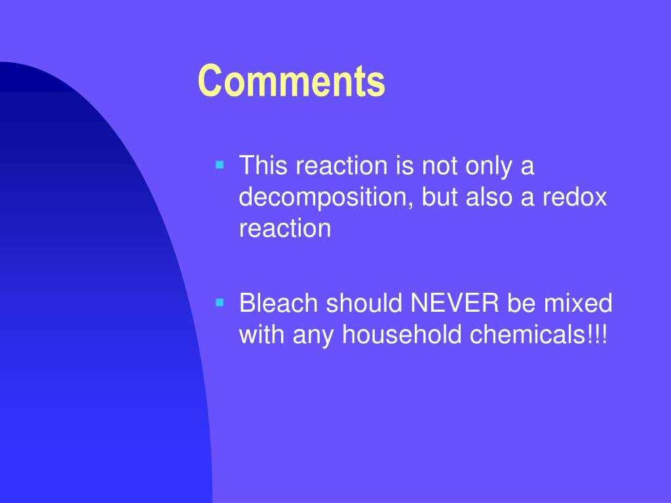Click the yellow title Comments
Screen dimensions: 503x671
pos(292,82)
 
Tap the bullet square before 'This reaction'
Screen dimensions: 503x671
pos(220,163)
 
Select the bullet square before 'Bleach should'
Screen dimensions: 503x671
pos(220,302)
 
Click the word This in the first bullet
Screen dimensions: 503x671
pos(263,166)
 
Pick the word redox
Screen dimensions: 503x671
pos(575,198)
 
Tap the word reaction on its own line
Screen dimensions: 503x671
pos(285,229)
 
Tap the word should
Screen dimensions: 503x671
pos(364,303)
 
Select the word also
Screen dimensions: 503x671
pos(489,198)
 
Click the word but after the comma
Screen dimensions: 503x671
pos(440,198)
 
